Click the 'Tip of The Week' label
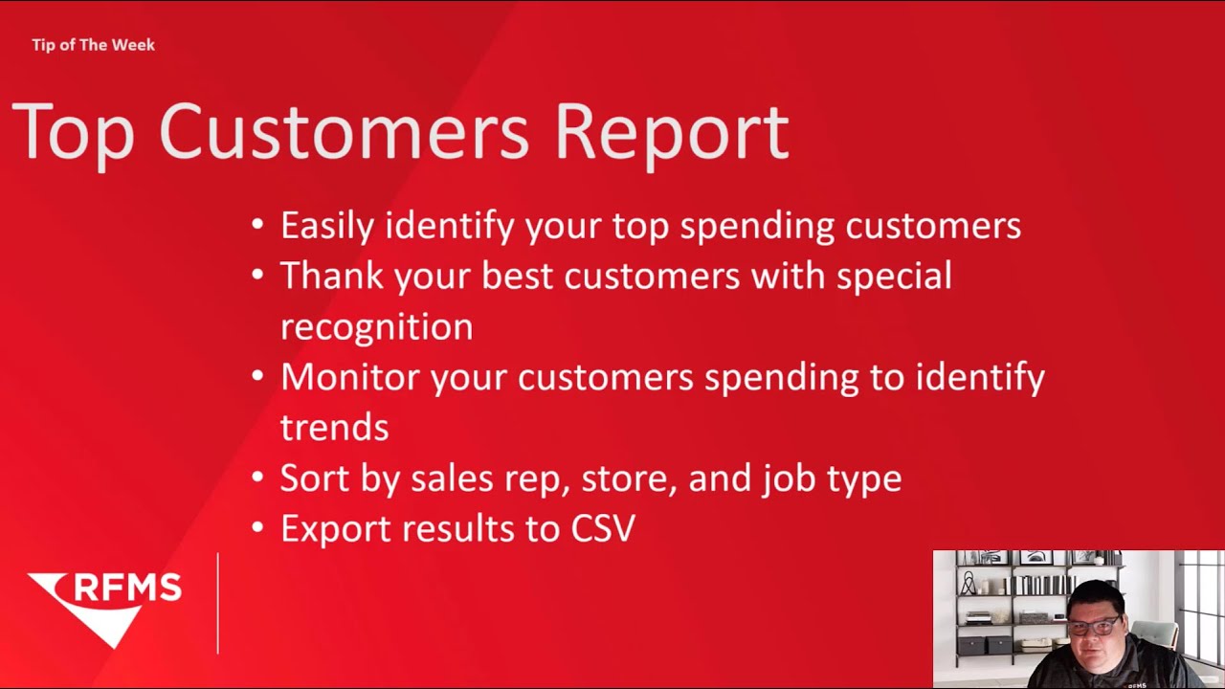click(x=93, y=45)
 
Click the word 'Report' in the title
click(x=671, y=131)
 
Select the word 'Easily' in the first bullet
click(x=327, y=226)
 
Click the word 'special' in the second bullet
click(x=894, y=276)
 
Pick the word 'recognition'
click(x=376, y=326)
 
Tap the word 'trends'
click(x=334, y=428)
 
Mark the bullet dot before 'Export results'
click(x=257, y=528)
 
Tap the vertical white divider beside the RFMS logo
click(x=218, y=603)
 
